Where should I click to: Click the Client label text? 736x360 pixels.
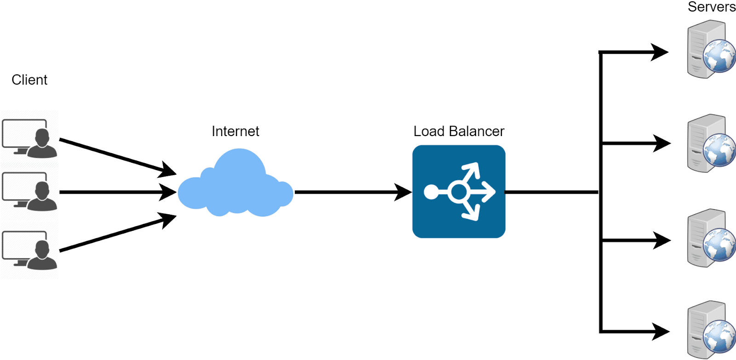point(29,80)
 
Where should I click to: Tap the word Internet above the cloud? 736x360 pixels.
point(235,131)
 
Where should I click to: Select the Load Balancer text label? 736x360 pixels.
point(459,131)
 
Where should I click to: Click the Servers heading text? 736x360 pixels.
point(711,7)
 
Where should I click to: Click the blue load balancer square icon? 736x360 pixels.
point(459,192)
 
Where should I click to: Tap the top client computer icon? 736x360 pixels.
point(29,138)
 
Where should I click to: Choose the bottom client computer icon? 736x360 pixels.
point(29,250)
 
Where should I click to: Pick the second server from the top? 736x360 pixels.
point(708,143)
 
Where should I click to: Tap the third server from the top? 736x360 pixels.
point(708,238)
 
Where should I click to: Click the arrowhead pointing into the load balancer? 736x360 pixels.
point(403,192)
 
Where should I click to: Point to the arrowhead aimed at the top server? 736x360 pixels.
point(659,52)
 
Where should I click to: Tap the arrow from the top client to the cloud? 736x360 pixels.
point(115,156)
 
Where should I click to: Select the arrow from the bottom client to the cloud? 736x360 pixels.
point(115,234)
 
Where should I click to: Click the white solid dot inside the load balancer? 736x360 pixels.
point(431,192)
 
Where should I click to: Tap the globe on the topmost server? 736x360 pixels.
point(720,56)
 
